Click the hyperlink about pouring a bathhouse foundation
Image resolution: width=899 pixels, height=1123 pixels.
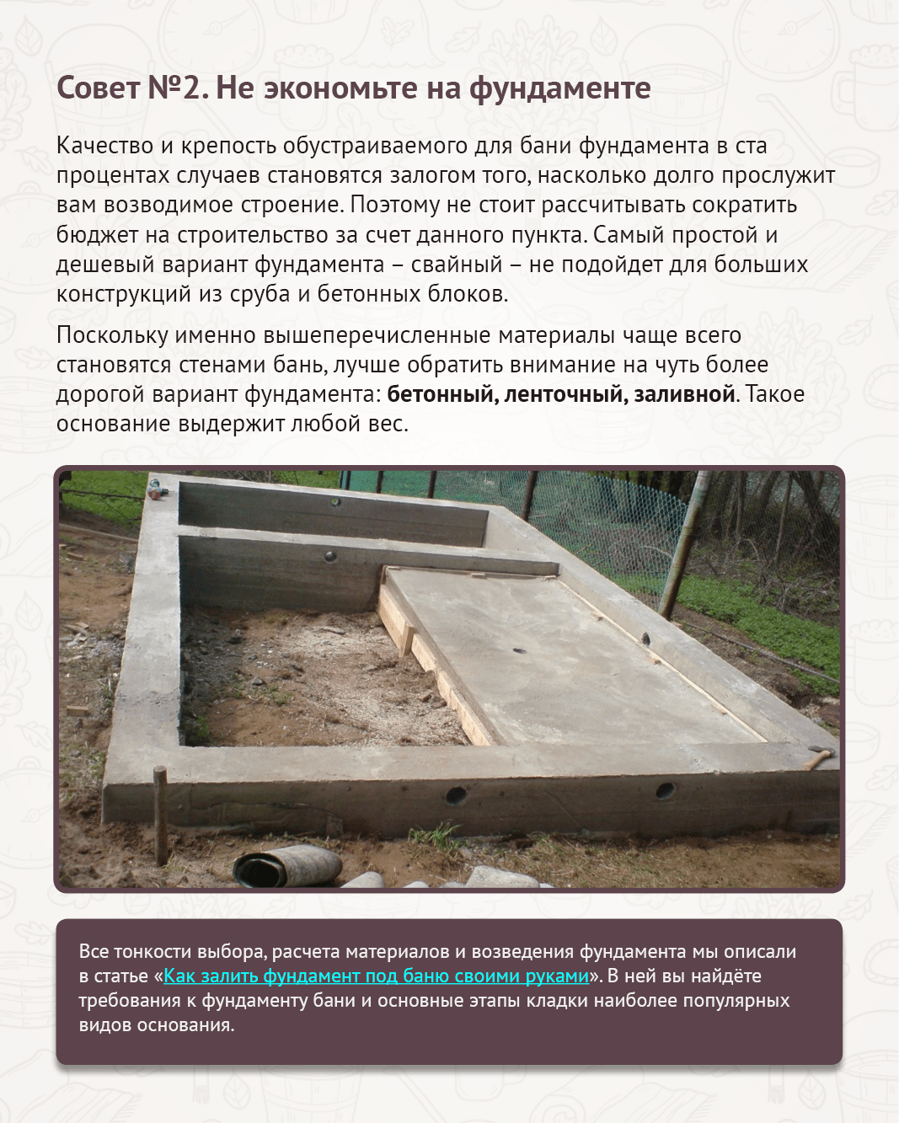(376, 976)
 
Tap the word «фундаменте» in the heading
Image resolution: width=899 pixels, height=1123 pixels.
(559, 88)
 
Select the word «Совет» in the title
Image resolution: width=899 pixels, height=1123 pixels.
(97, 88)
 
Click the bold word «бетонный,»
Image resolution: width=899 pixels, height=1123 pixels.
(441, 393)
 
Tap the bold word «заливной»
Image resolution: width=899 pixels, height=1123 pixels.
(684, 393)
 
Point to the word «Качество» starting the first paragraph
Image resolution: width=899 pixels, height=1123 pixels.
(104, 146)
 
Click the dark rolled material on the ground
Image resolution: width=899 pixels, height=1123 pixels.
(286, 866)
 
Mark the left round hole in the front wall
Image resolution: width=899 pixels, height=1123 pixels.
(456, 794)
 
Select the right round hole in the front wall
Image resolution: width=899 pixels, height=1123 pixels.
(664, 790)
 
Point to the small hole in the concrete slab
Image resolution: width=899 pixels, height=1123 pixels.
(520, 650)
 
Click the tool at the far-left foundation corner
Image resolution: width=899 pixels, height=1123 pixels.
(158, 488)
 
